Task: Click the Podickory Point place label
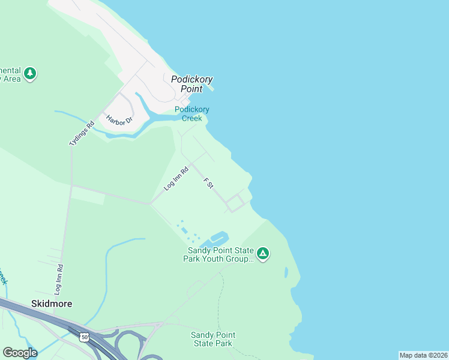[191, 84]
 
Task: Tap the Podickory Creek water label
[192, 113]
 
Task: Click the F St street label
[208, 183]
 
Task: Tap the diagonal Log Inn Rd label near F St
[176, 178]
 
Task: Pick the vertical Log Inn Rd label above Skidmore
[58, 280]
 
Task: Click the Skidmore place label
[52, 304]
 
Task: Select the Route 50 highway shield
[83, 338]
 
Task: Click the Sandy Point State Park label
[212, 339]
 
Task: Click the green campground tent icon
[263, 254]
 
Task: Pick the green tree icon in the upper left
[29, 74]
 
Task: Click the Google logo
[20, 353]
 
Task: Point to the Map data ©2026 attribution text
[423, 355]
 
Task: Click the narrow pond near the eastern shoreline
[286, 272]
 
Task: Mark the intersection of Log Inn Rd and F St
[191, 163]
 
